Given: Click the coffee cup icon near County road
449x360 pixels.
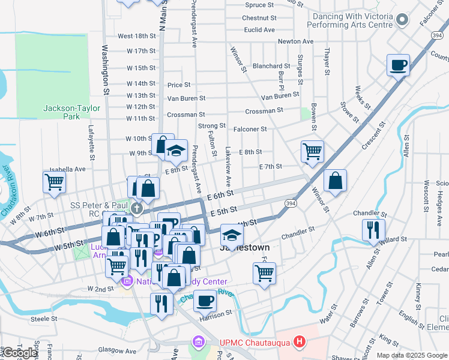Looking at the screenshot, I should pos(398,65).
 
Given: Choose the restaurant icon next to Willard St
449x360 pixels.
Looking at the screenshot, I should pos(373,229).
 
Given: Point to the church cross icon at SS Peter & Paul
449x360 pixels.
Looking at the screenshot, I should pos(136,209).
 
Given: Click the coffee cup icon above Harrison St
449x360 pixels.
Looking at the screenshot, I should pos(205,300).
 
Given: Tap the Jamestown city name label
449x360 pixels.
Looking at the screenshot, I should pos(244,247).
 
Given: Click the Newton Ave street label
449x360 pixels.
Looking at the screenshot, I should pos(295,41).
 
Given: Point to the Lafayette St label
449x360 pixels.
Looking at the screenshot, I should pos(92,142).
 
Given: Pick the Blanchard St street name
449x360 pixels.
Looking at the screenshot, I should pos(271,66).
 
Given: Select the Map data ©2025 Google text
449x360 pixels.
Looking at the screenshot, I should pos(411,355).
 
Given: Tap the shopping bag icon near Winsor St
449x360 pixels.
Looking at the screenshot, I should pos(335,180).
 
